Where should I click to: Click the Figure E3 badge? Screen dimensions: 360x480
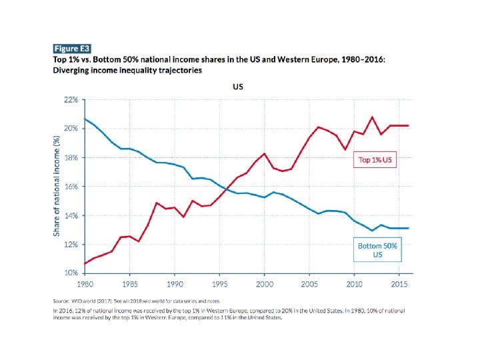click(x=71, y=49)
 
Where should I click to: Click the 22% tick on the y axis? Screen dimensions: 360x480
click(x=70, y=99)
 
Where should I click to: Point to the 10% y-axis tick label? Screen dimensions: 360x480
click(x=70, y=273)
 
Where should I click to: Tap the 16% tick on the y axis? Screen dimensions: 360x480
click(x=70, y=187)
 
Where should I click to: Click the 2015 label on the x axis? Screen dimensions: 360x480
click(x=399, y=284)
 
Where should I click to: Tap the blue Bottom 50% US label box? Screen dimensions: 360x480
click(x=377, y=250)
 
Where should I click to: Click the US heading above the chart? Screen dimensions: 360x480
click(x=237, y=87)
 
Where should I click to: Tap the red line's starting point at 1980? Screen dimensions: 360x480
click(x=84, y=263)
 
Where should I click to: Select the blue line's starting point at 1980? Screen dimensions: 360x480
click(x=84, y=119)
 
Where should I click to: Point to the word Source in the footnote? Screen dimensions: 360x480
click(x=63, y=301)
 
